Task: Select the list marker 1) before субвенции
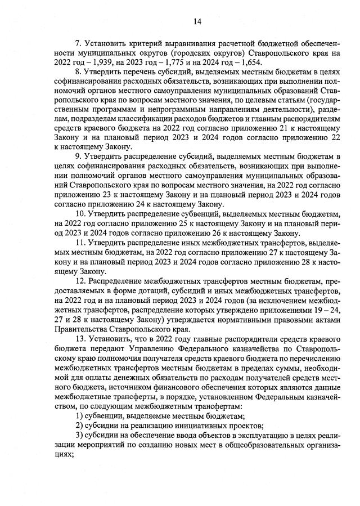tap(79, 415)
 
